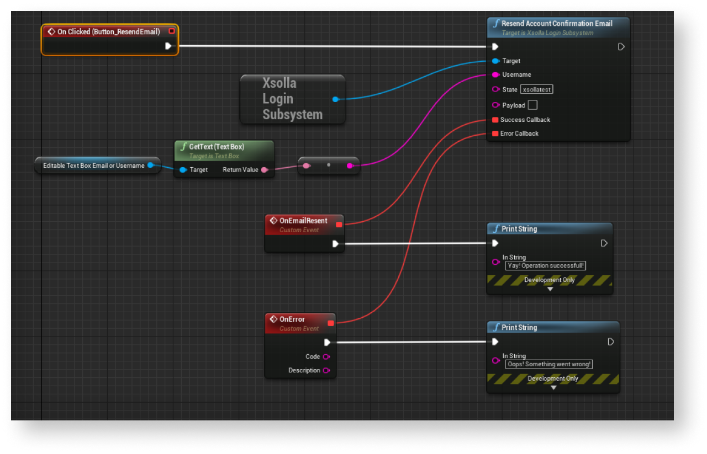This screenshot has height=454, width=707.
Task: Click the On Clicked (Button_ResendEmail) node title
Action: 108,32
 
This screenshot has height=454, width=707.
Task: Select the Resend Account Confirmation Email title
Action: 557,24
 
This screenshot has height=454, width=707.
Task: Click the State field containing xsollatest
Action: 536,89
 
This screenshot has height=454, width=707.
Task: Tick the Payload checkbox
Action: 532,105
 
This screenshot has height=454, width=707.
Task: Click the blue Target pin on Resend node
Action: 495,61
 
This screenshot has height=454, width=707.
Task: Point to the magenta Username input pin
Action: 495,74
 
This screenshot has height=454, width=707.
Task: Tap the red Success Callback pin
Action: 495,120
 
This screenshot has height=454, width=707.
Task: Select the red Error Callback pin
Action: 495,133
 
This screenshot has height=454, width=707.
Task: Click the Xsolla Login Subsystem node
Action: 292,99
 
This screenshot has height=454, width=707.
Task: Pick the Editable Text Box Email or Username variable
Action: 94,165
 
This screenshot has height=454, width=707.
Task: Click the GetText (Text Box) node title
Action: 217,147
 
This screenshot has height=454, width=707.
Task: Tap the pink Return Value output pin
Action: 265,170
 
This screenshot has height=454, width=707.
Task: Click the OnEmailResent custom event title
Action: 303,221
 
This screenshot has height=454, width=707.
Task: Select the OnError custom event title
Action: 292,319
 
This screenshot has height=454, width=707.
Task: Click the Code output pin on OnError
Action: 326,357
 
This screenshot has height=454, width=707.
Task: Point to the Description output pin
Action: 326,371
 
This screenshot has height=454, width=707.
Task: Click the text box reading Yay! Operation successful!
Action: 546,266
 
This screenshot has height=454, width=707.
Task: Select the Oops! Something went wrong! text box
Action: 549,364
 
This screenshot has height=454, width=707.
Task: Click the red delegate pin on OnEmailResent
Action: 339,225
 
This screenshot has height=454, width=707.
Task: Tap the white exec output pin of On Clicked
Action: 168,46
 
